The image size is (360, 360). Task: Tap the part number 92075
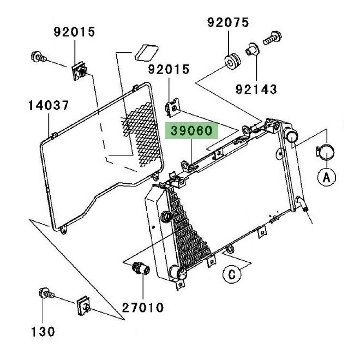[x=227, y=22]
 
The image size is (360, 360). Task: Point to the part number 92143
[x=256, y=88]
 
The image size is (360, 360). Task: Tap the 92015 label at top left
[x=74, y=32]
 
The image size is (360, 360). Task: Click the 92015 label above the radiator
[x=170, y=70]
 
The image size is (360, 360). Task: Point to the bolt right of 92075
[x=271, y=40]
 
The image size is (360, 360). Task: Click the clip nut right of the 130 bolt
[x=84, y=307]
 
